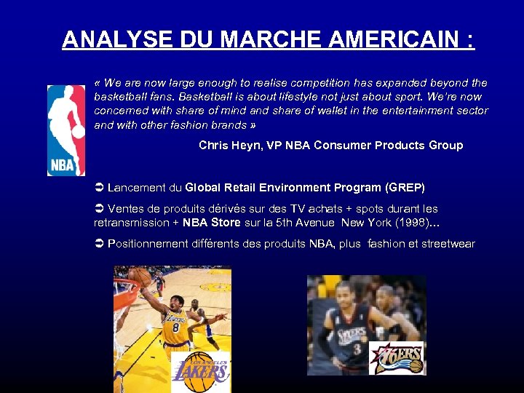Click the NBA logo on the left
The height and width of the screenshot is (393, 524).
[66, 130]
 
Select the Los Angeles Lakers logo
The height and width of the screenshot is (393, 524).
[201, 371]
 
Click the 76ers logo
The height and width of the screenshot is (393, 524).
[397, 357]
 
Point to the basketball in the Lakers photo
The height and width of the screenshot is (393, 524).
[140, 277]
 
